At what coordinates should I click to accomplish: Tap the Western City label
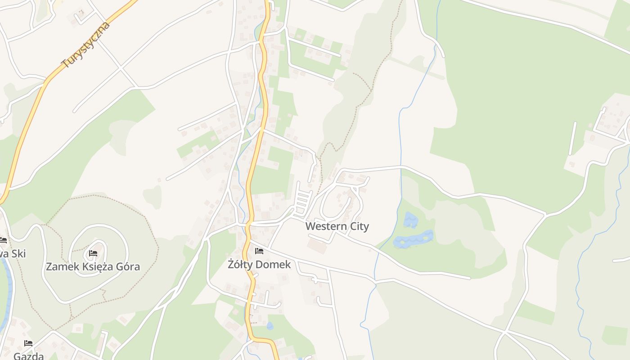(337, 226)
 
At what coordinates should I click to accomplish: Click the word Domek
(274, 265)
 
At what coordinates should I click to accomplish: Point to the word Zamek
(63, 266)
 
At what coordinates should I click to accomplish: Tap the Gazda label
(28, 356)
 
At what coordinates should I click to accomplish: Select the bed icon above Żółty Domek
(259, 251)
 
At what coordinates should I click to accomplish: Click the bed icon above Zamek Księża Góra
(93, 253)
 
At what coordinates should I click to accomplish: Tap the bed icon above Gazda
(28, 343)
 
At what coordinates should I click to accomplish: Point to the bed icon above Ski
(3, 240)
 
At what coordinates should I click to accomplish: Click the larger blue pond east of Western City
(414, 238)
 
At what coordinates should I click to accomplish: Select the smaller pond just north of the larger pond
(410, 220)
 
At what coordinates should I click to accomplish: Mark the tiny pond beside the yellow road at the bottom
(270, 325)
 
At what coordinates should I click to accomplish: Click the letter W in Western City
(310, 226)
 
